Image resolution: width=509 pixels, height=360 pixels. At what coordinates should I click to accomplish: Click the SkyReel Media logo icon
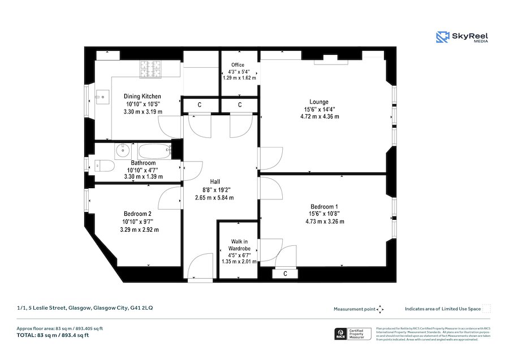(443, 37)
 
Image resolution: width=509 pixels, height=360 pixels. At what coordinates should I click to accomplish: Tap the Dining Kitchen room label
(143, 97)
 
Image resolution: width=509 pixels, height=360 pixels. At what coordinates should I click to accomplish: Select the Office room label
(238, 65)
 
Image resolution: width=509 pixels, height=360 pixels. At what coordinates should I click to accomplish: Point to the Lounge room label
(319, 102)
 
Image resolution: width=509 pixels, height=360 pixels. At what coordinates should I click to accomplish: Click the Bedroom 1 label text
(324, 206)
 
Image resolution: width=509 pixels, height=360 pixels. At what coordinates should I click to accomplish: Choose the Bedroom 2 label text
(138, 214)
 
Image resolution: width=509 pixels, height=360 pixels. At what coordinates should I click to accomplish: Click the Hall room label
(214, 181)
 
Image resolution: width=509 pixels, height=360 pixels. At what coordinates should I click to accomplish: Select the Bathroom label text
(143, 163)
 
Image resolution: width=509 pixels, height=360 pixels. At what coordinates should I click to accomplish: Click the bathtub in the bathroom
(153, 151)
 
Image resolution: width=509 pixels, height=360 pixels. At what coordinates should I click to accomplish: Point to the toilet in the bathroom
(102, 165)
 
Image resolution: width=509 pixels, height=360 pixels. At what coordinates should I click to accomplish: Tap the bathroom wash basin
(122, 150)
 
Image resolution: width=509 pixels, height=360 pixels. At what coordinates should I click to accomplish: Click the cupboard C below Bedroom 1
(285, 274)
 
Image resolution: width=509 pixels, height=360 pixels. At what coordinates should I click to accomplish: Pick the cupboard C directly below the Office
(239, 105)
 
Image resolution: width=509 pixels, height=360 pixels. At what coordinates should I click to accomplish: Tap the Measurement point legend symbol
(380, 309)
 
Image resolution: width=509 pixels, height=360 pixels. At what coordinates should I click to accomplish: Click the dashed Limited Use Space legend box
(486, 309)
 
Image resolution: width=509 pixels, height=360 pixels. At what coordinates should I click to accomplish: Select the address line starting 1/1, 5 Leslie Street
(84, 308)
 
